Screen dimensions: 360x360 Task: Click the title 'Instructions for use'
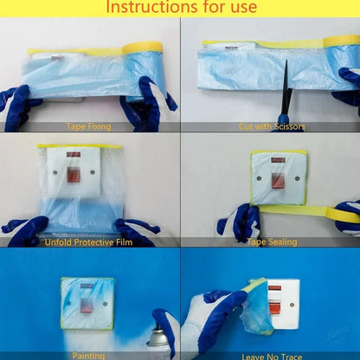[x=180, y=9]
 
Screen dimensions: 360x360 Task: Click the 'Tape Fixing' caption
[x=89, y=126]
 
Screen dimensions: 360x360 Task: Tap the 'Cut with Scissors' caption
[x=271, y=126]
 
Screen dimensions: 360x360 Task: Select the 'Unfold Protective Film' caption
[x=89, y=241]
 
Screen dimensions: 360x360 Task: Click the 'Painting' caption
[x=89, y=354]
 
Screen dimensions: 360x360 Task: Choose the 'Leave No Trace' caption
[x=271, y=355]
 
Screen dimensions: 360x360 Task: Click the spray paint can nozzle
[x=159, y=332]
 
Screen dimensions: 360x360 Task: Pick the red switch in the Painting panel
[x=87, y=305]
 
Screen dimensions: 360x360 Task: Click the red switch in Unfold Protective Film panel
[x=74, y=176]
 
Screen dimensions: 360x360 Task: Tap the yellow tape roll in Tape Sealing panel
[x=344, y=213]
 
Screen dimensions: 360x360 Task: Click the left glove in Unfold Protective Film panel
[x=26, y=230]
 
